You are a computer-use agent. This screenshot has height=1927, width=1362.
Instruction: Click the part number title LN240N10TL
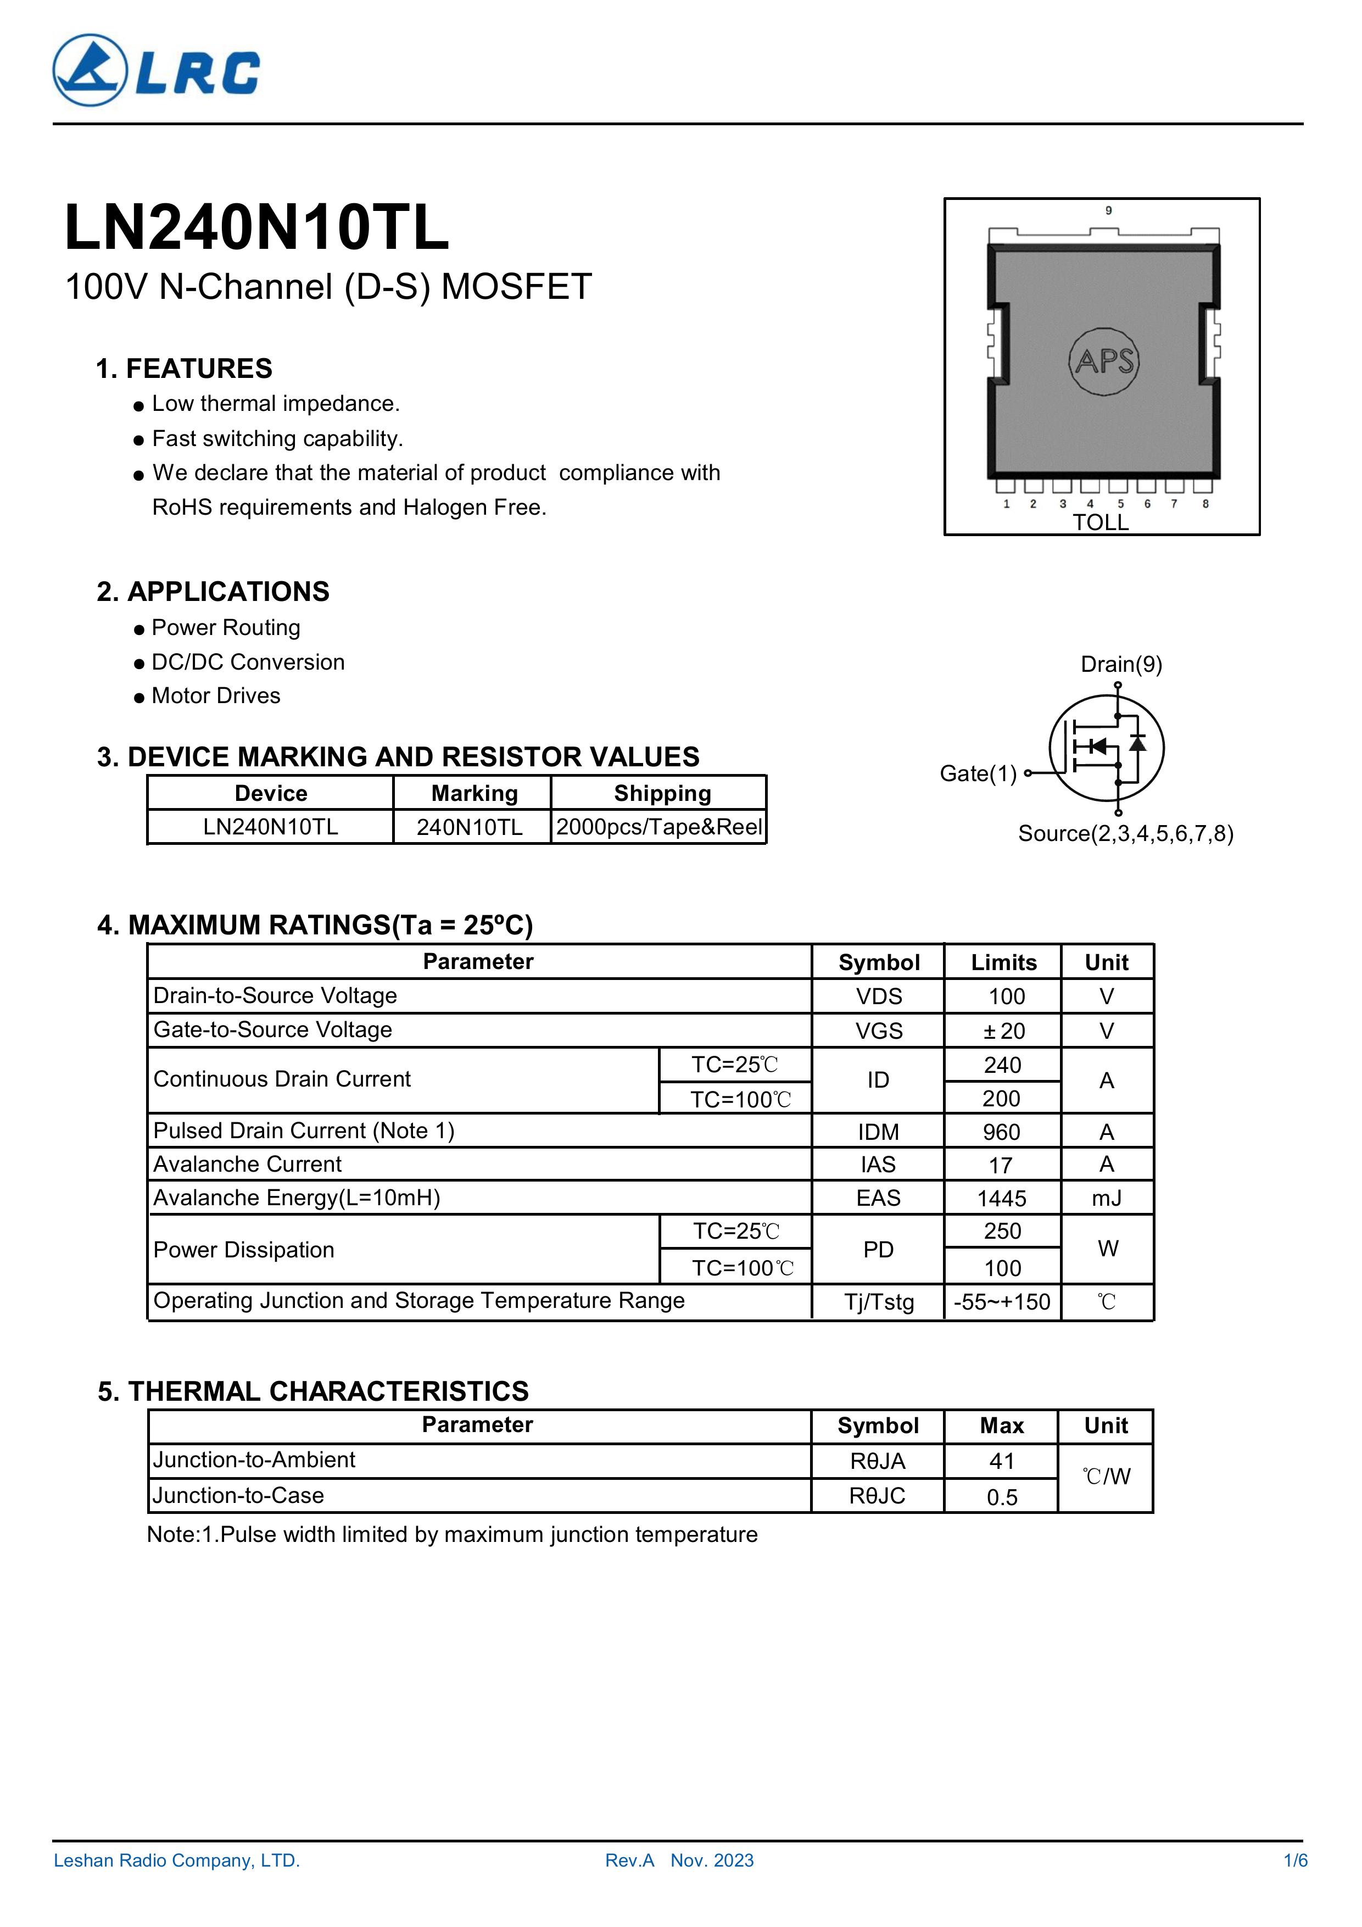point(257,229)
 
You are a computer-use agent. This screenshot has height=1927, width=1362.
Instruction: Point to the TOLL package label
point(1100,523)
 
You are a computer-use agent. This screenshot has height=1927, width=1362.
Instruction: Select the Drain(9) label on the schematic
point(1121,665)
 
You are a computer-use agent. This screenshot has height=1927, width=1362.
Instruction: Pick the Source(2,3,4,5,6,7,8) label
point(1125,833)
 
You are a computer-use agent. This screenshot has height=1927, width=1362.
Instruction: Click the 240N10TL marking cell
point(470,827)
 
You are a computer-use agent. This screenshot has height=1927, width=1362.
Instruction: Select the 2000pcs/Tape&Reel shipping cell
point(659,827)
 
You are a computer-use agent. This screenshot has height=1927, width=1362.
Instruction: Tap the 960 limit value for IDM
point(1002,1132)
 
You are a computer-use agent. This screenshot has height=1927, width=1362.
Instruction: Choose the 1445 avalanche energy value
point(1002,1199)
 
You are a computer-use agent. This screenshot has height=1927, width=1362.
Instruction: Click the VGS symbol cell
point(879,1031)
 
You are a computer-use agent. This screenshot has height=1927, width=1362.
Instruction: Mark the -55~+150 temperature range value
point(1002,1302)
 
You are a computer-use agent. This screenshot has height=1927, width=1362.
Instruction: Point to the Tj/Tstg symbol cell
point(879,1302)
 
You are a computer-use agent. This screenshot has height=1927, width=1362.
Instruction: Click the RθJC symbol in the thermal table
point(878,1496)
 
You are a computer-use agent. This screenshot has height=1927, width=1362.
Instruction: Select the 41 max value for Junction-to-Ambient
point(1002,1461)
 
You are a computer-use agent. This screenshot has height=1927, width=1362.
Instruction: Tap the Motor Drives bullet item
point(216,696)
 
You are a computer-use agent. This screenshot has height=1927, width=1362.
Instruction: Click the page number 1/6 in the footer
point(1296,1861)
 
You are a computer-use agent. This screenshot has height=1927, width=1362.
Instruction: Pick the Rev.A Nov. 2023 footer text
point(679,1861)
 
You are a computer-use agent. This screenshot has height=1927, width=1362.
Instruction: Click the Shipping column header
point(662,793)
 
